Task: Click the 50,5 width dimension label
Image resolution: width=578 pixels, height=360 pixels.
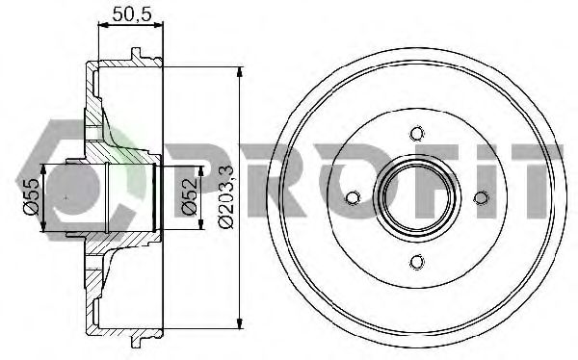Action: coord(131,14)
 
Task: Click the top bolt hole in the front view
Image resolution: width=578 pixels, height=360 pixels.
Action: coord(416,134)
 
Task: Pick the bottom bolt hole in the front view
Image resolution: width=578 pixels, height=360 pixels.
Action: coord(416,261)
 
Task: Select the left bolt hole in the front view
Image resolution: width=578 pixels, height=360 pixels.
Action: coord(352,197)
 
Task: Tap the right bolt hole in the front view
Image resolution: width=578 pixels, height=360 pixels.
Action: coord(480,197)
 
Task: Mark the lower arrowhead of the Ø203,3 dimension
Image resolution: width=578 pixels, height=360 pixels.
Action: coord(239,324)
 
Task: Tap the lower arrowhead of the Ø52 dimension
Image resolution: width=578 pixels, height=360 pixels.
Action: coord(200,225)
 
